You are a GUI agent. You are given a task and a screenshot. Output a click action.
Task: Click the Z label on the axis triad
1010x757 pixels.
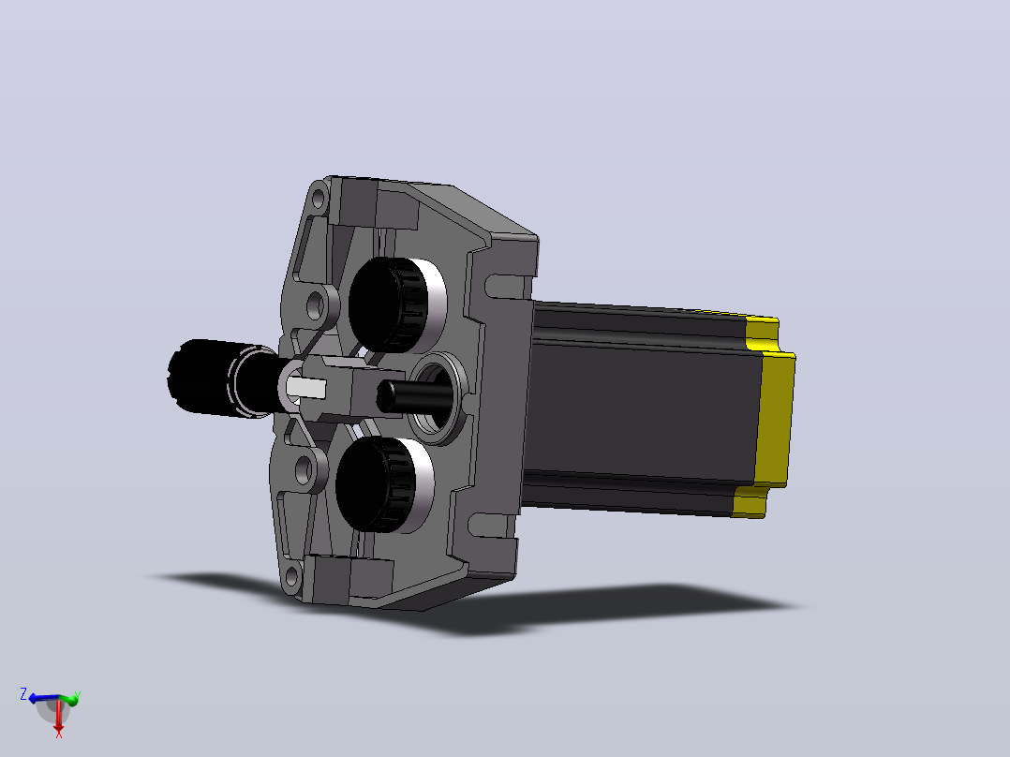[x=23, y=694]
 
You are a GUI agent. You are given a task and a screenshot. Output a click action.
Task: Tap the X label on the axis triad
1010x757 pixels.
[x=59, y=734]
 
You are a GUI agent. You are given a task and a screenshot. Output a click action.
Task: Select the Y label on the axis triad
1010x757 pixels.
[x=77, y=695]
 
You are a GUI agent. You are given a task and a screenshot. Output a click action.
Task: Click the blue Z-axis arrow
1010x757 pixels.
[x=44, y=698]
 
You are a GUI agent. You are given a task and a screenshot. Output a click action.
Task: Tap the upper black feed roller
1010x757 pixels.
[x=388, y=304]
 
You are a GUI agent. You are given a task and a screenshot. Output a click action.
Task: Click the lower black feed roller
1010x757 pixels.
[x=374, y=484]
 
